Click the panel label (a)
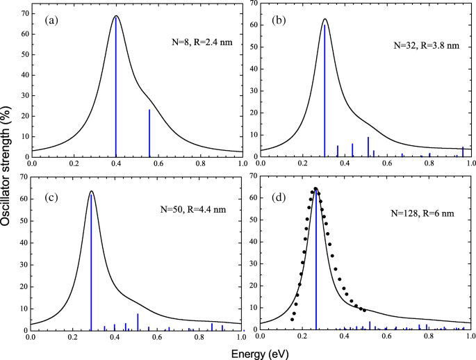(51, 20)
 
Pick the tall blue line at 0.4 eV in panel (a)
(116, 90)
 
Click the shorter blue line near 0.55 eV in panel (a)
(149, 132)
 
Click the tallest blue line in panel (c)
(91, 264)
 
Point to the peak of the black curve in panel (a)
(116, 16)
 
